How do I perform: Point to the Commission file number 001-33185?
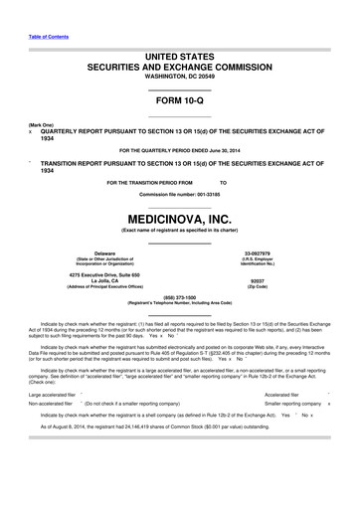(180, 194)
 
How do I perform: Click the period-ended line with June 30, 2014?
(180, 149)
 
